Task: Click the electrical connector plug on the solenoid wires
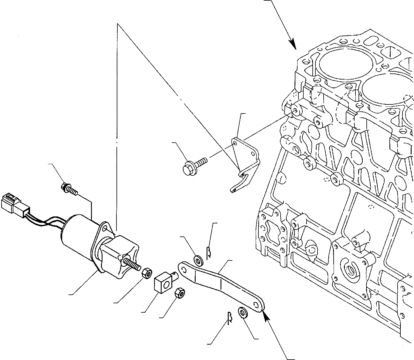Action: (x=14, y=203)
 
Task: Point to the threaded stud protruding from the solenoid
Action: (x=132, y=264)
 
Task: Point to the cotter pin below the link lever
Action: (x=230, y=318)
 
